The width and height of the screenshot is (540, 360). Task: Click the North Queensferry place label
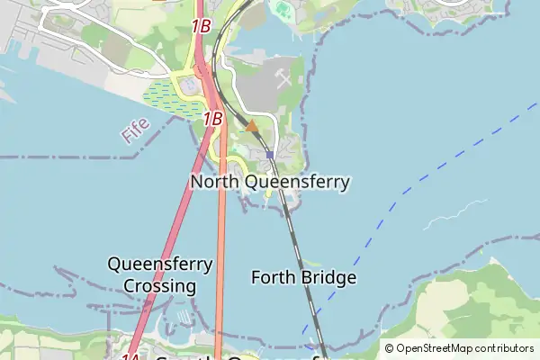click(270, 182)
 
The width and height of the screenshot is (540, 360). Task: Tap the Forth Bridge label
click(303, 277)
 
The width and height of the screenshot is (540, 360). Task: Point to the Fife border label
click(135, 133)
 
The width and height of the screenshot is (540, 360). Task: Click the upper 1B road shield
click(201, 26)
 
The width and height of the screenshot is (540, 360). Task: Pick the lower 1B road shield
click(212, 118)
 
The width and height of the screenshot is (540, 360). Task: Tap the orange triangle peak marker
click(252, 126)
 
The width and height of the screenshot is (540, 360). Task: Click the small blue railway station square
click(269, 155)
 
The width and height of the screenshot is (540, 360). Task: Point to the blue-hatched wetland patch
click(174, 97)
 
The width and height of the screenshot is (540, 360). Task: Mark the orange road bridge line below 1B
click(221, 234)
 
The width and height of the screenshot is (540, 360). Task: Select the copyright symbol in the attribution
click(390, 348)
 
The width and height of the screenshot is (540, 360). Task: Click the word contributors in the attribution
click(505, 348)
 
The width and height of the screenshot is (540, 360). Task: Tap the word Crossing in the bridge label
click(160, 286)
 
